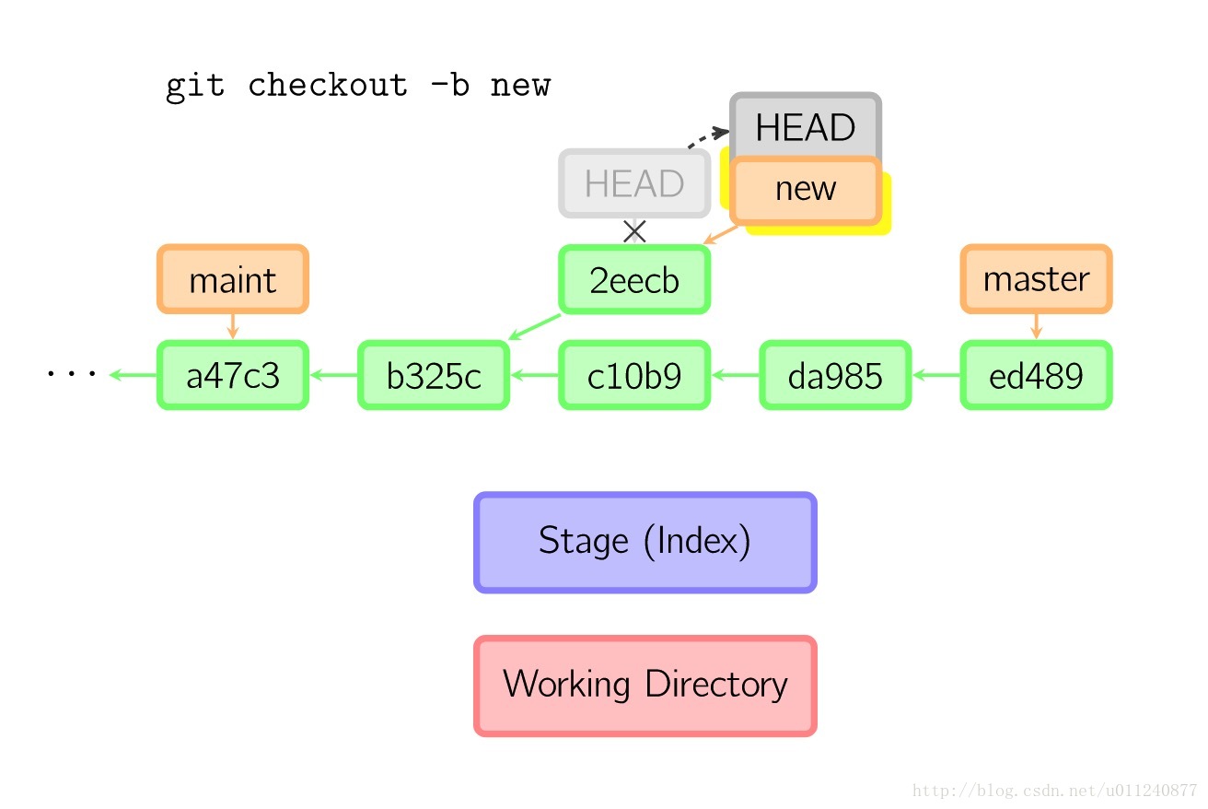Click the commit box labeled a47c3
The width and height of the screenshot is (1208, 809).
[x=233, y=375]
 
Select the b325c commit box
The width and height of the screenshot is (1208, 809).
[x=434, y=375]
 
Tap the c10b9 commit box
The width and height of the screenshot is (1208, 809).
[x=634, y=375]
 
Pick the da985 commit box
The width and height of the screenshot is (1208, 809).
[x=835, y=375]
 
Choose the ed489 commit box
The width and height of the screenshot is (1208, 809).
[x=1036, y=375]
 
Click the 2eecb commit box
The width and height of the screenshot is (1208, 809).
[x=634, y=279]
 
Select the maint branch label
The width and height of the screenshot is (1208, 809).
[x=233, y=279]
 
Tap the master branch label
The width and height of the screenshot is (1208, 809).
[x=1036, y=279]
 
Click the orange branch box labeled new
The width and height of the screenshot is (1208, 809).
[x=806, y=190]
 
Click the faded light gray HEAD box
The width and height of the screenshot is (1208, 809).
[x=634, y=183]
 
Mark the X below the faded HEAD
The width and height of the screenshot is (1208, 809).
[x=634, y=231]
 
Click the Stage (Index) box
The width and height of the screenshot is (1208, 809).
[x=645, y=543]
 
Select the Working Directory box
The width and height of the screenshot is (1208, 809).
[x=645, y=686]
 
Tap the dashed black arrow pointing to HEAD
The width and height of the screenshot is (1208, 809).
[x=707, y=136]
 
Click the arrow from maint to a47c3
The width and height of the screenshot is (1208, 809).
[x=233, y=326]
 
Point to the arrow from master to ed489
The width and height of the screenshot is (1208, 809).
[x=1036, y=326]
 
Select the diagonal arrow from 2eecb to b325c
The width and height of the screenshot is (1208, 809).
[x=534, y=327]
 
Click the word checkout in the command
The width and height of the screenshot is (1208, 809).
[x=328, y=86]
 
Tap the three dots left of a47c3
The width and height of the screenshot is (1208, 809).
[x=71, y=373]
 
